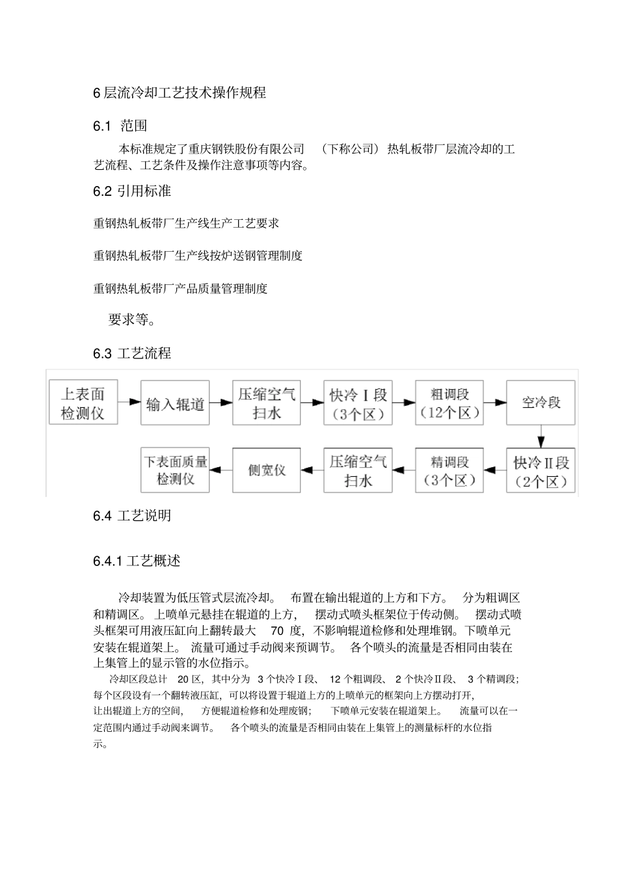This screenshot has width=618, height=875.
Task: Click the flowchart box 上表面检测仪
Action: (x=83, y=403)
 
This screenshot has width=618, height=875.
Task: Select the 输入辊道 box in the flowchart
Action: (x=175, y=403)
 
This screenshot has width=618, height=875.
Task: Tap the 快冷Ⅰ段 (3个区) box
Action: (x=358, y=403)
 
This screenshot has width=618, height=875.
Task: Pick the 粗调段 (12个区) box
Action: (x=450, y=403)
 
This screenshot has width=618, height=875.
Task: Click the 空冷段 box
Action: (x=541, y=403)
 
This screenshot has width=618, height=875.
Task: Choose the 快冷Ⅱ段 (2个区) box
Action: (x=541, y=470)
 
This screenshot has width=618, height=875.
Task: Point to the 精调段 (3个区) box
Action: (x=450, y=470)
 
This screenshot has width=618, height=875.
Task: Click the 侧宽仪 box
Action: (x=267, y=470)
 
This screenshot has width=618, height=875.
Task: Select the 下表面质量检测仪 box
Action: (x=175, y=470)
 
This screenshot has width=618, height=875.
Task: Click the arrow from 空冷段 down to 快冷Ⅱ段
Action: (x=541, y=437)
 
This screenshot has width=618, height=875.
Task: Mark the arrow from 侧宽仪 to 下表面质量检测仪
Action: (x=221, y=470)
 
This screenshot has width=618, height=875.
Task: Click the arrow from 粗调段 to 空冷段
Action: (x=495, y=403)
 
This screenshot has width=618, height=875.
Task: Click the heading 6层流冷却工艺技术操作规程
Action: (x=180, y=92)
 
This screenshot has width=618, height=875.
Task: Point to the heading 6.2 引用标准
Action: (x=132, y=191)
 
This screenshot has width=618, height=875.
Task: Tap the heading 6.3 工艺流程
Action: (x=132, y=353)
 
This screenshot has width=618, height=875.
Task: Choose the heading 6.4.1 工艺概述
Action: (x=137, y=561)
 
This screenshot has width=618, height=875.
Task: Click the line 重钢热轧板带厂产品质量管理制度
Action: (x=180, y=288)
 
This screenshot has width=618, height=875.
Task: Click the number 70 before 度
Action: (x=276, y=630)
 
